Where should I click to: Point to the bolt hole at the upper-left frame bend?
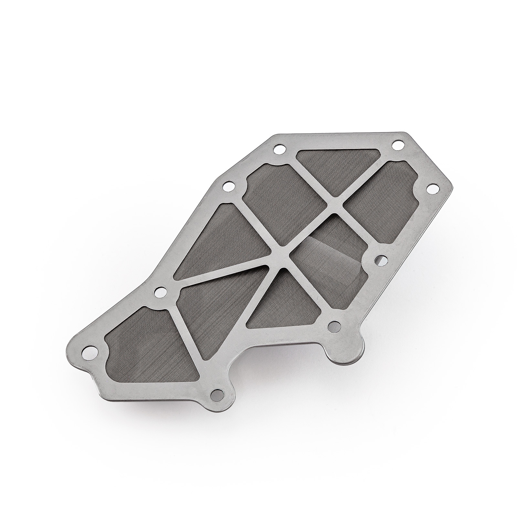tap(228, 186)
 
